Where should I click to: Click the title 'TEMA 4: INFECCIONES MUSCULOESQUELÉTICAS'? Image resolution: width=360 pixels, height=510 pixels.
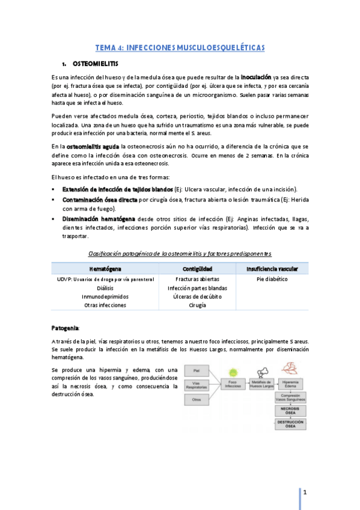180,47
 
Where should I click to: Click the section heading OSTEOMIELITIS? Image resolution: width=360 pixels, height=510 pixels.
96,63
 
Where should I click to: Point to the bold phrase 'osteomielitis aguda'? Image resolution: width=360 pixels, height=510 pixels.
93,146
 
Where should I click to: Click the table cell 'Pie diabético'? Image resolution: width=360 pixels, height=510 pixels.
272,280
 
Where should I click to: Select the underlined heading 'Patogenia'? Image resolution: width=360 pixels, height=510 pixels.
65,328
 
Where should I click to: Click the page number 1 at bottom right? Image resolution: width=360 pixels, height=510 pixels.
305,493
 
